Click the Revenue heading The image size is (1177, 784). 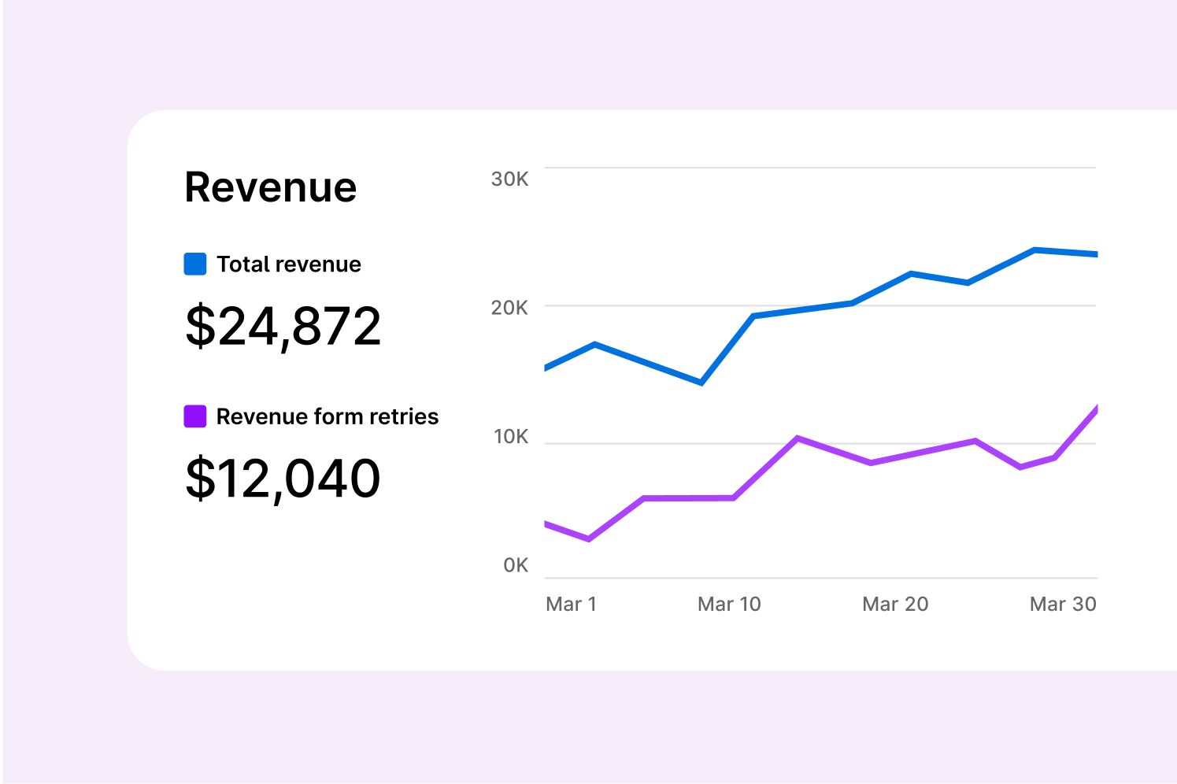270,187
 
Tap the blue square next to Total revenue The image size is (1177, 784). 195,264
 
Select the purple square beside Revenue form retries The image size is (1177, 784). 195,416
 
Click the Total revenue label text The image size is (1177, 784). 289,264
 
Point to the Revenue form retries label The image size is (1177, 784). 327,416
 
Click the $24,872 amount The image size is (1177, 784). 283,326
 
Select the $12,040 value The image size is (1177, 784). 283,478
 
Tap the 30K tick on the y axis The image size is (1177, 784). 509,179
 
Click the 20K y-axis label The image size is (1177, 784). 509,308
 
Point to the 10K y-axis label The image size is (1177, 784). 510,437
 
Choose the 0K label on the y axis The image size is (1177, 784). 516,565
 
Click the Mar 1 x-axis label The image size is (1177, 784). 571,604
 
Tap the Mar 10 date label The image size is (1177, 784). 729,604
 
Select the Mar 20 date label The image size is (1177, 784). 895,604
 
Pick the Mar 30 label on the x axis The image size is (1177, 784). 1063,604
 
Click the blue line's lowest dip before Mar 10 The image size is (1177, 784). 701,383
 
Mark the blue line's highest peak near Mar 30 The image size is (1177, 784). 1035,250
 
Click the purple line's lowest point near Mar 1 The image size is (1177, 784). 589,539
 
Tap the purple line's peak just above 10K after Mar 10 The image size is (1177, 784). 798,438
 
